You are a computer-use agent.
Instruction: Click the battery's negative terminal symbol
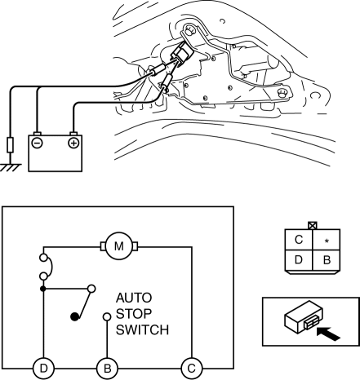pos(37,143)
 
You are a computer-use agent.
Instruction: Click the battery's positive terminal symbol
pos(73,143)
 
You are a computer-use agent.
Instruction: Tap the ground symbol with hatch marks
pos(11,167)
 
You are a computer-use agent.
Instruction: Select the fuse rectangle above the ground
pos(11,145)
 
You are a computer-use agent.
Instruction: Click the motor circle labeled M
pos(119,246)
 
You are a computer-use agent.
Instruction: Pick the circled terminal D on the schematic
pos(43,369)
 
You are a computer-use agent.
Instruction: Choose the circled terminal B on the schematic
pos(107,369)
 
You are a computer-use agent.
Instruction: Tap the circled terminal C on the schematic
pos(192,369)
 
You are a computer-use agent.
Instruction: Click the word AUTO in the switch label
pos(134,298)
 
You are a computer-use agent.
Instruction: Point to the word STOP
pos(134,314)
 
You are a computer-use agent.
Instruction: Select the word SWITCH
pos(142,329)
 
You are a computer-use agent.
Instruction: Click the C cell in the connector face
pos(299,240)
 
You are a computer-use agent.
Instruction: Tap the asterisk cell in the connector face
pos(327,240)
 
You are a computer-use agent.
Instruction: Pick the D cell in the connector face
pos(299,260)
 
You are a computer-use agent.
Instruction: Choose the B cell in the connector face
pos(327,260)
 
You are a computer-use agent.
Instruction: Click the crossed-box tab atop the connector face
pos(313,226)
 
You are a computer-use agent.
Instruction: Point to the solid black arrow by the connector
pos(329,334)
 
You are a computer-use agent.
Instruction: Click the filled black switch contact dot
pos(74,316)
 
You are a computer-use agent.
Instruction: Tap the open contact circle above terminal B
pos(107,316)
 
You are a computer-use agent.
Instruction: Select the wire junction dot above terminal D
pos(43,289)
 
